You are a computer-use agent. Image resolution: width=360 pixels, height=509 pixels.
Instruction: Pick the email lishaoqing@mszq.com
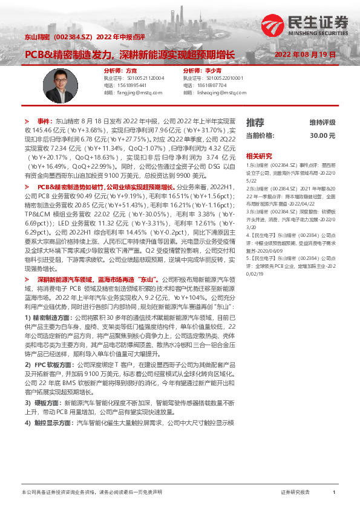tap(215, 92)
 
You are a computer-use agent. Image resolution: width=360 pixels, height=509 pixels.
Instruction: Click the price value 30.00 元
tap(322, 136)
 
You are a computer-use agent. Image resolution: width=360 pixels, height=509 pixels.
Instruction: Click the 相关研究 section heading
tap(259, 155)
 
